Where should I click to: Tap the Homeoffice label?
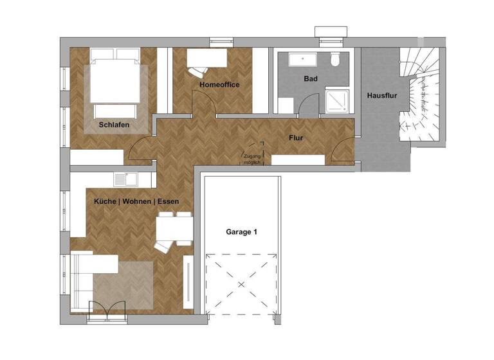[x=219, y=84]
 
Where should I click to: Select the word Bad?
[x=311, y=79]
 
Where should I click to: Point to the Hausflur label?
[x=380, y=96]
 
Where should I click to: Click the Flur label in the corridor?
[x=296, y=137]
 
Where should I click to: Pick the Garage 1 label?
[x=241, y=231]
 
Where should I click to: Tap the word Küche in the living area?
[x=105, y=201]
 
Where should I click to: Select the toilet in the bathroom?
[x=334, y=60]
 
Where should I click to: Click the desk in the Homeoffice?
[x=207, y=59]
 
